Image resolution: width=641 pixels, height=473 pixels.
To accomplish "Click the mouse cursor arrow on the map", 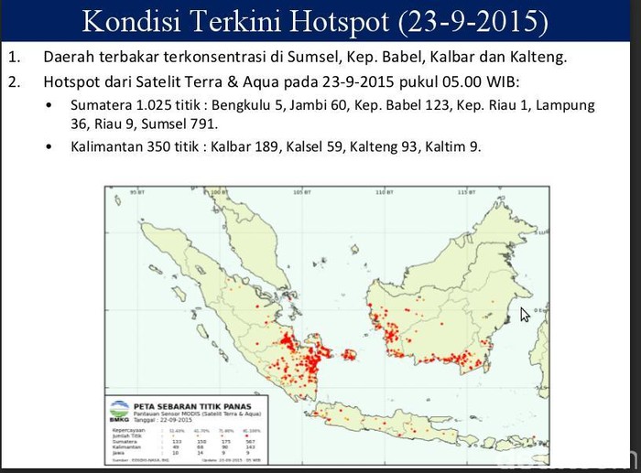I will click(x=525, y=314).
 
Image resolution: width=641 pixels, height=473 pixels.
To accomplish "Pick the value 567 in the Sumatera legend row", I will click(x=251, y=440).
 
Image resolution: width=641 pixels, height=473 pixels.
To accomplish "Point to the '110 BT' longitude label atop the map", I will click(x=384, y=193).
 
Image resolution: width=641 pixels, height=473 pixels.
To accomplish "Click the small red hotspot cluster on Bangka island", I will click(x=347, y=355).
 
